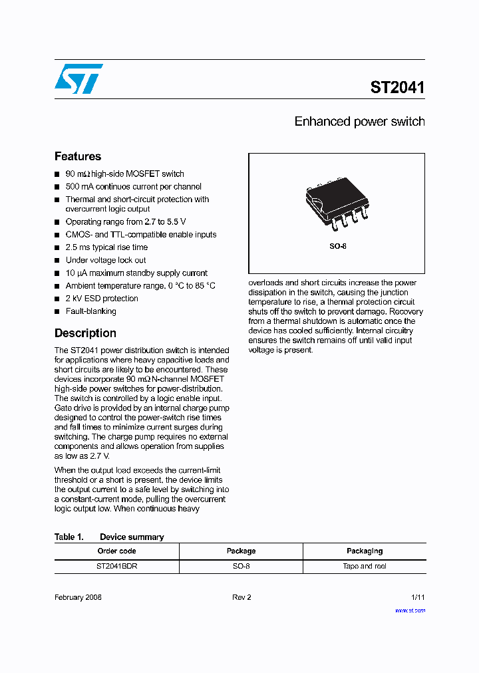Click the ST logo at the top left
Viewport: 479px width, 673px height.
coord(79,78)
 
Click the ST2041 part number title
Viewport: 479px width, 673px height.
coord(397,87)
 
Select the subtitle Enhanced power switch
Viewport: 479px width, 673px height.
coord(359,122)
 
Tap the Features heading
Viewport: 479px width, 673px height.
coord(78,156)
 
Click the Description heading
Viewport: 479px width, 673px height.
coord(85,333)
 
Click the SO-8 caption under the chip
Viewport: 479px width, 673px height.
coord(338,246)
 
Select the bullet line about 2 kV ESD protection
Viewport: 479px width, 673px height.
coord(102,299)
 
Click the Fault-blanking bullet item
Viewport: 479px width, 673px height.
coord(90,311)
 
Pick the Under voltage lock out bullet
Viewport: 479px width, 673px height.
coord(105,260)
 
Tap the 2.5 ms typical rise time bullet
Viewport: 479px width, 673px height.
coord(106,247)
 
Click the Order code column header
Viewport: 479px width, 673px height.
coord(116,551)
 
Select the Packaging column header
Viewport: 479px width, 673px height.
coord(365,551)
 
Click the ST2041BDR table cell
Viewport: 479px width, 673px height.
coord(116,567)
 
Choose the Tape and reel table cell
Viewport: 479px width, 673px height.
coord(365,567)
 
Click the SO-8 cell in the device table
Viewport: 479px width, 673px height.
coord(241,567)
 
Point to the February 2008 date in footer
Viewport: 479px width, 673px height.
coord(78,597)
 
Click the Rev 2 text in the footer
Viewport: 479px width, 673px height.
coord(241,597)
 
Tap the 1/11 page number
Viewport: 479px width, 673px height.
coord(417,597)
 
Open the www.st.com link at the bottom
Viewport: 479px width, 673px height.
coord(410,610)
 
